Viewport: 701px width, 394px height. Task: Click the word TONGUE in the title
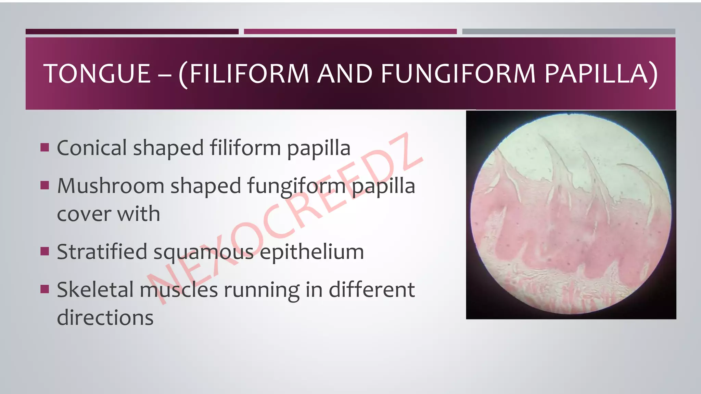tap(97, 74)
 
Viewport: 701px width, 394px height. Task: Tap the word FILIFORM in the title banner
tap(249, 74)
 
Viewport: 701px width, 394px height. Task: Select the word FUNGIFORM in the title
tap(458, 74)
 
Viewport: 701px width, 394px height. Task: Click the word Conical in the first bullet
tap(92, 148)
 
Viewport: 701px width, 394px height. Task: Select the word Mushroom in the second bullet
tap(111, 186)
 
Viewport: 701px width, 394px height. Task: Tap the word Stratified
tap(102, 252)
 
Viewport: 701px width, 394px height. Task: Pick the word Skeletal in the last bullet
tap(95, 290)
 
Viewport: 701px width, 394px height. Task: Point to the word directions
tap(105, 317)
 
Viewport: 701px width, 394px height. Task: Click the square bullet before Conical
tap(44, 147)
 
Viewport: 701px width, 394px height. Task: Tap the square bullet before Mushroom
tap(44, 185)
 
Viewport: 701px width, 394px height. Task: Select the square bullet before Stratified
tap(44, 251)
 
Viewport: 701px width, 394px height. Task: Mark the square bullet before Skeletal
tap(44, 289)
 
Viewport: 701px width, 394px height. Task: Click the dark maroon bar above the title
tap(132, 31)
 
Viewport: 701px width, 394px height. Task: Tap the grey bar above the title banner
tap(569, 31)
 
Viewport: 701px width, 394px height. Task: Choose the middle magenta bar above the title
tap(350, 31)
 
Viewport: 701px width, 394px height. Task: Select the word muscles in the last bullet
tap(179, 290)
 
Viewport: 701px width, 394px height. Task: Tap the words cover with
tap(109, 214)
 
